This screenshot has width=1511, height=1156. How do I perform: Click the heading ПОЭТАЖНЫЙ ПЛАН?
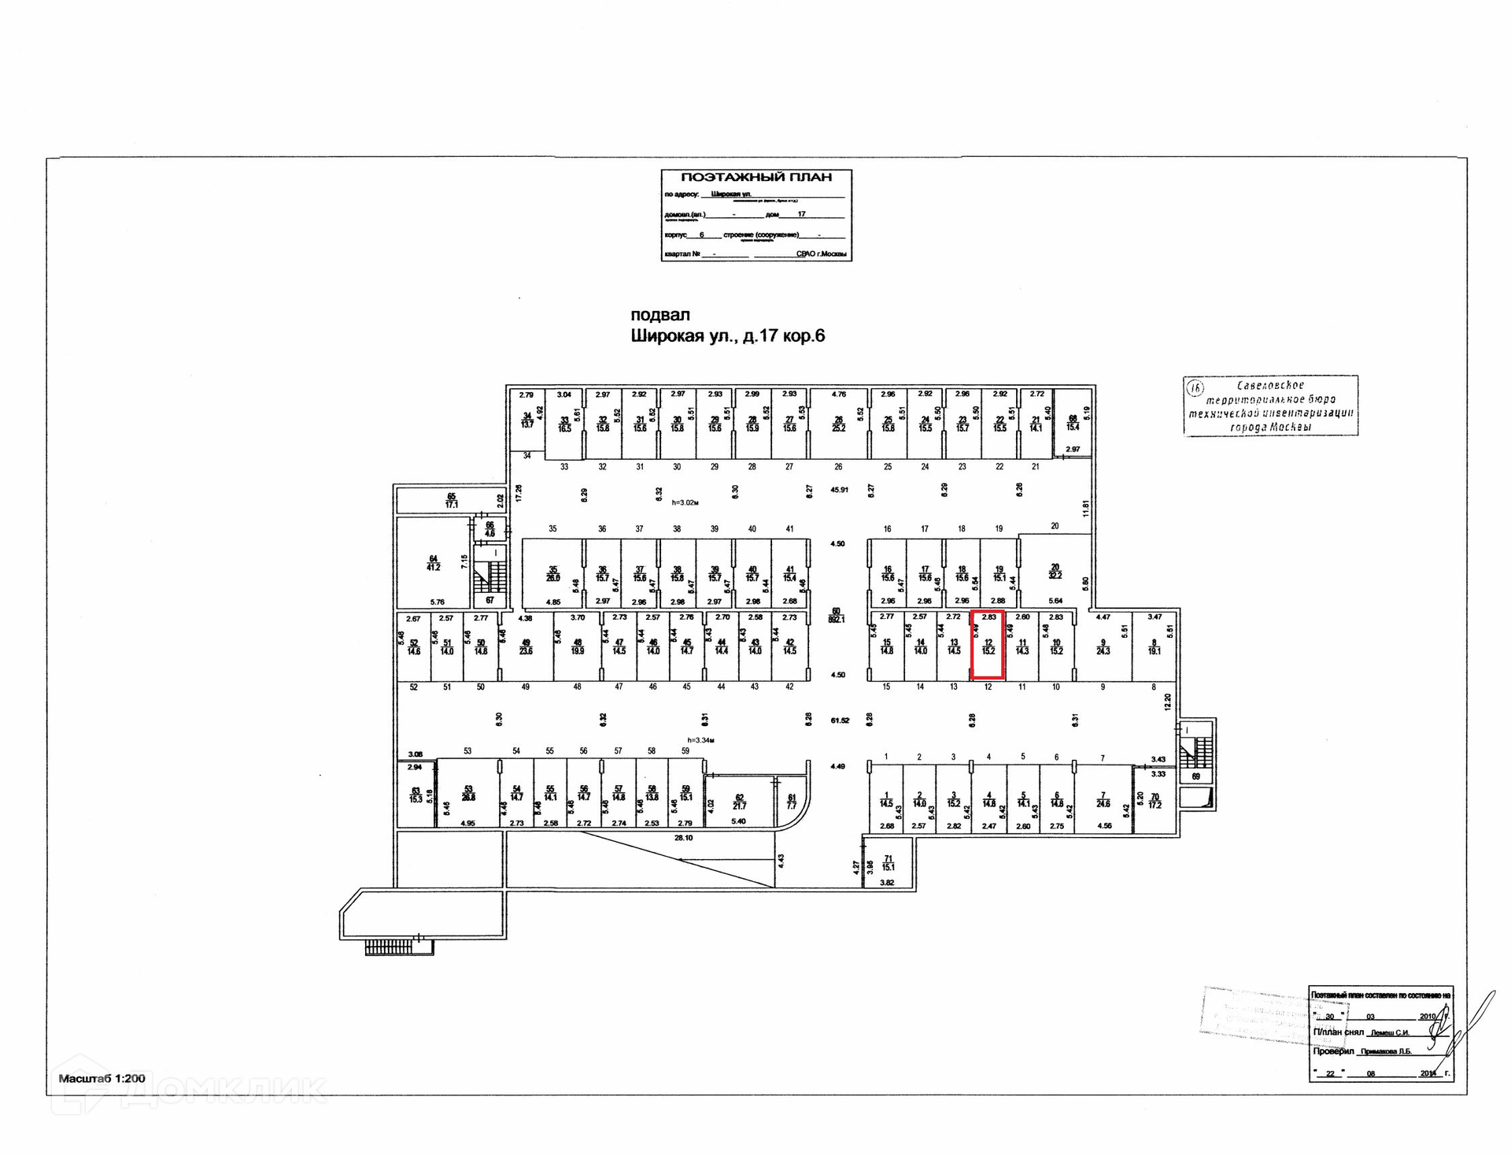755,178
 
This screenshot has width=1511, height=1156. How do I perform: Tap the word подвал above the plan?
659,315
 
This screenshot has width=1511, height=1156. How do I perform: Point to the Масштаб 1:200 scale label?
102,1078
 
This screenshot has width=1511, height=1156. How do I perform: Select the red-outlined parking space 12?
988,645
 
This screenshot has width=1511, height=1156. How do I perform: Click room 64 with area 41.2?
433,562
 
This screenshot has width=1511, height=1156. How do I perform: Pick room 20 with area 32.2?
1055,571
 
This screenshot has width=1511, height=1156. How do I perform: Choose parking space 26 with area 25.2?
839,424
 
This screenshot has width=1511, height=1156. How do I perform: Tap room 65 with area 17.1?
451,500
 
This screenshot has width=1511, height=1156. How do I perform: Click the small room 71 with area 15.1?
888,863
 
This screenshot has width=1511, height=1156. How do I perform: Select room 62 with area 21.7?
739,802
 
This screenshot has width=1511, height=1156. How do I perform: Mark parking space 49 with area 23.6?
526,647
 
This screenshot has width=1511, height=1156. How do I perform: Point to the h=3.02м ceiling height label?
685,502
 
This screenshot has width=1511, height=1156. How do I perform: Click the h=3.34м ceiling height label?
700,740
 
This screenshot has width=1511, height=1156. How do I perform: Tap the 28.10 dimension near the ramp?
683,838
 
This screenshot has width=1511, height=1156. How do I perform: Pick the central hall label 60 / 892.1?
837,615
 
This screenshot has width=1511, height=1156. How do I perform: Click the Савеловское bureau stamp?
1270,406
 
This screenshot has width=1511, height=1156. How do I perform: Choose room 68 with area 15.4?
1072,423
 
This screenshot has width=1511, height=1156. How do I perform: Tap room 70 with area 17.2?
1154,801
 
